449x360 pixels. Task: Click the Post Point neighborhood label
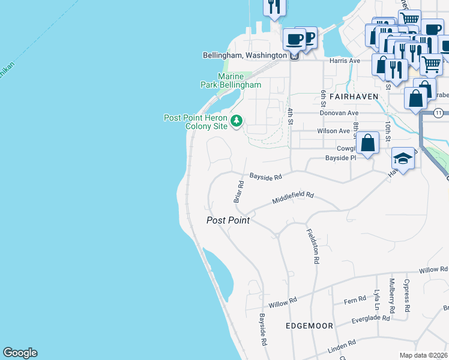(x=228, y=220)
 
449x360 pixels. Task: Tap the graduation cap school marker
(x=403, y=159)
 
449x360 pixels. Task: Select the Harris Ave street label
(x=345, y=61)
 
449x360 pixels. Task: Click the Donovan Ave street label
(x=339, y=113)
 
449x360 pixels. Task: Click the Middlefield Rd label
(x=294, y=198)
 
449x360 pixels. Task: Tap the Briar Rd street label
(x=237, y=191)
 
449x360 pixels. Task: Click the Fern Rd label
(x=355, y=299)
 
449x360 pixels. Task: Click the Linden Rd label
(x=342, y=344)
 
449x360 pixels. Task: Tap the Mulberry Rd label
(x=392, y=296)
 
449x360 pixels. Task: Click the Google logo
(x=20, y=353)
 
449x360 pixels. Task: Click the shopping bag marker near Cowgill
(x=369, y=144)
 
